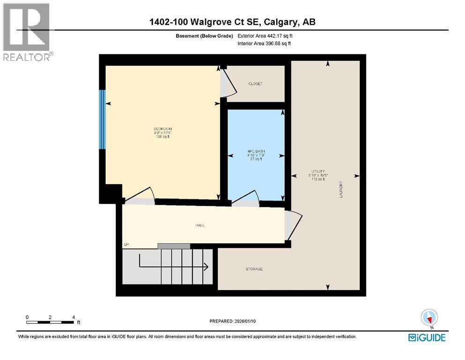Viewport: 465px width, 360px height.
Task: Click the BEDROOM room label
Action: pyautogui.click(x=163, y=129)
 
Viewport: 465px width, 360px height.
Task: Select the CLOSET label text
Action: pyautogui.click(x=255, y=84)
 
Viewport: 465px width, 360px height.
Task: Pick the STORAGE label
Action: pyautogui.click(x=254, y=269)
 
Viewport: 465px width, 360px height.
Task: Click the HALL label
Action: pyautogui.click(x=200, y=225)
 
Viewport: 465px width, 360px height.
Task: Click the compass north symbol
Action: pyautogui.click(x=429, y=318)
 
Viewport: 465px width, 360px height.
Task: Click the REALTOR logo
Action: pyautogui.click(x=27, y=31)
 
